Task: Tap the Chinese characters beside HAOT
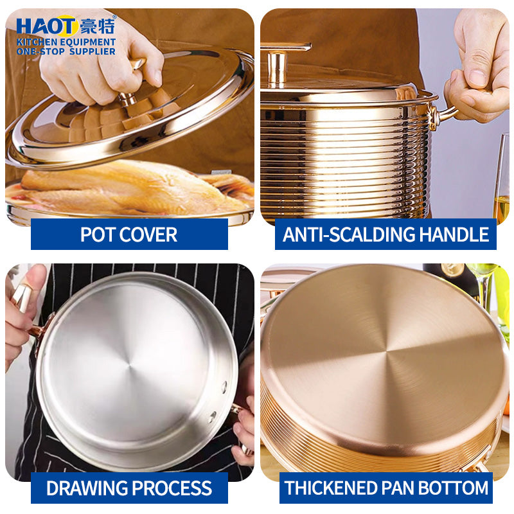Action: click(98, 26)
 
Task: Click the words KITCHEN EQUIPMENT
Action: click(66, 42)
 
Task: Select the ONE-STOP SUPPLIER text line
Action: click(66, 51)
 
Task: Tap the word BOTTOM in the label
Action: click(456, 488)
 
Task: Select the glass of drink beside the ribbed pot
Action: click(502, 186)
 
